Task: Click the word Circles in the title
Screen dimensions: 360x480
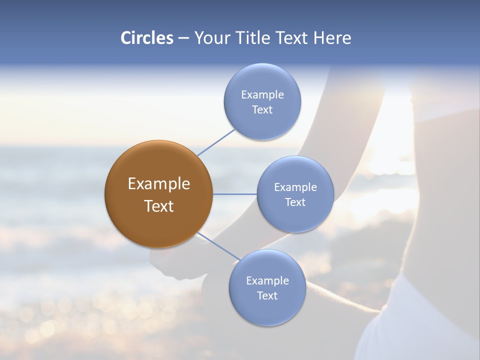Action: point(147,38)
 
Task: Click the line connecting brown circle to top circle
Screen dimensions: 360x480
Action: point(216,142)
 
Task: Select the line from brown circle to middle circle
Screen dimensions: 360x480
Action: point(234,194)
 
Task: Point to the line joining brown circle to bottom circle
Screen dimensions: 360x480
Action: point(218,246)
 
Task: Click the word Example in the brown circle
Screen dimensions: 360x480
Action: point(159,184)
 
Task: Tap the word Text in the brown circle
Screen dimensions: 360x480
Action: point(159,206)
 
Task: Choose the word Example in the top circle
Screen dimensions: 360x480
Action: point(262,95)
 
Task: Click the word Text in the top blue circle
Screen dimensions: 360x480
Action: point(262,110)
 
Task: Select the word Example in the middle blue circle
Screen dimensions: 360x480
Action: point(295,187)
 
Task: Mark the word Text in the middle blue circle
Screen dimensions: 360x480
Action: point(295,202)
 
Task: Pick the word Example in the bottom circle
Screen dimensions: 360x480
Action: point(267,281)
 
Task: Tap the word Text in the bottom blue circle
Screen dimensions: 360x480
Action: point(267,296)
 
